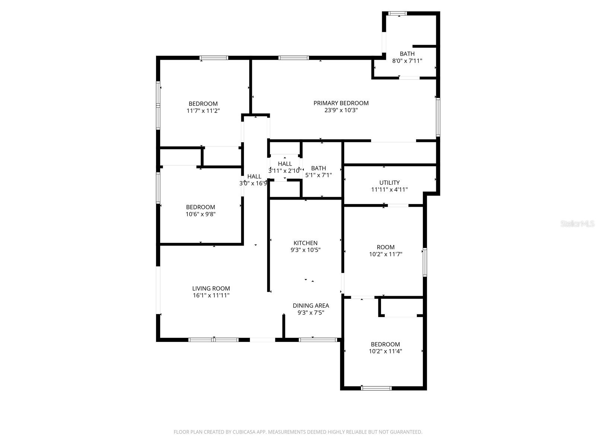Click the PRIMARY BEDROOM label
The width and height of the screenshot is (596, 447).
coord(341,103)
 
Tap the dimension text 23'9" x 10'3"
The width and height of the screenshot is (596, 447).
coord(341,110)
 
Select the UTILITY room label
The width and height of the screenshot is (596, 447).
coord(389,183)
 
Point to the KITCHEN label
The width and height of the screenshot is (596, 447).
coord(305,243)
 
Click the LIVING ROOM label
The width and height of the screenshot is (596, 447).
coord(211,288)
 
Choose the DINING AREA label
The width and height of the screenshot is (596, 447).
coord(311,306)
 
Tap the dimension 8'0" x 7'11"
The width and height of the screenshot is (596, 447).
coord(407,61)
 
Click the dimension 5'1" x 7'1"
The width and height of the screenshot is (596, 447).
coord(318,175)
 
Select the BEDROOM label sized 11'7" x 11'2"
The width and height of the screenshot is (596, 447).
coord(203,104)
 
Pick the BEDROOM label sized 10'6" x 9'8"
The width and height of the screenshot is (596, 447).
coord(200,207)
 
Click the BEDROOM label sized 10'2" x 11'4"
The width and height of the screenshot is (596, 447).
coord(385,345)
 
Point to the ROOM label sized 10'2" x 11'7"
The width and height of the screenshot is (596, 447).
coord(386,247)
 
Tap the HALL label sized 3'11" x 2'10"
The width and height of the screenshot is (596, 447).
coord(285,164)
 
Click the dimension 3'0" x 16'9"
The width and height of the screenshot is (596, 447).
coord(253,183)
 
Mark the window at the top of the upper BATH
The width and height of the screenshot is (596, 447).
coord(397,14)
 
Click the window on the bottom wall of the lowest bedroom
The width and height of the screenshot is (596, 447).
coord(376,388)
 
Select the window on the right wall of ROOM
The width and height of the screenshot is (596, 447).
coord(425,262)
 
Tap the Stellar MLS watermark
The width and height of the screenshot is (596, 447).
coord(578,223)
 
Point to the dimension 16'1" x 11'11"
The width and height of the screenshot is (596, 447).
coord(211,295)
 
